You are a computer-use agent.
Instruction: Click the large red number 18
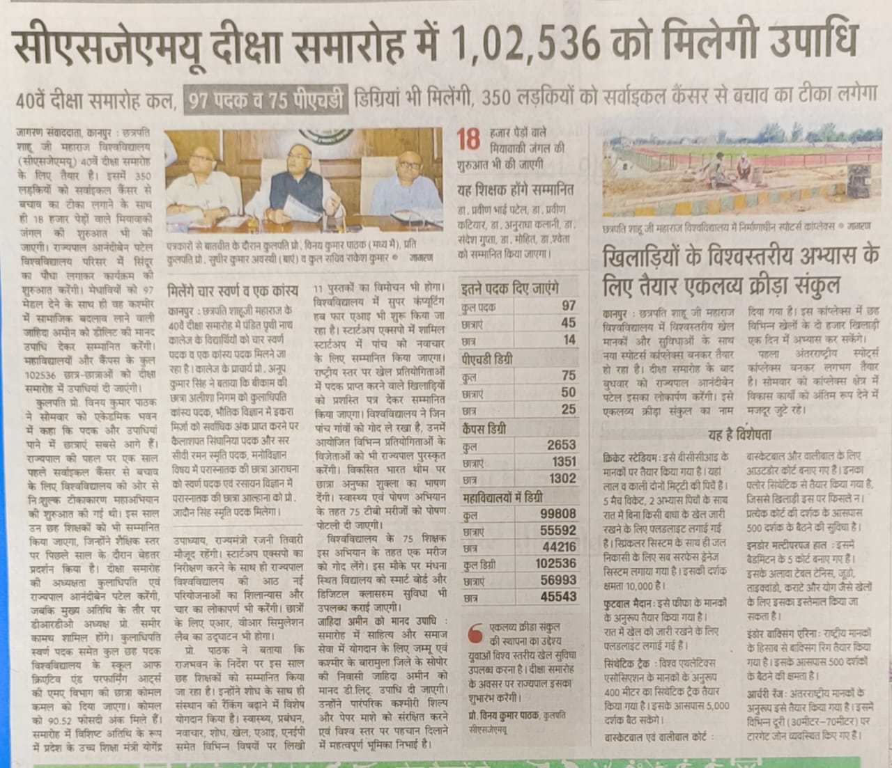[x=470, y=139]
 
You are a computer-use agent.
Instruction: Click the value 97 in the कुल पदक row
[x=568, y=306]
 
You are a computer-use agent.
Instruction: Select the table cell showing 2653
[x=562, y=445]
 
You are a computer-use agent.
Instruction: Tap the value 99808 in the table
[x=558, y=514]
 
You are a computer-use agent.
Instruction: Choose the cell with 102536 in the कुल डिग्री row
[x=556, y=563]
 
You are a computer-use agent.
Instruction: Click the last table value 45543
[x=558, y=597]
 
